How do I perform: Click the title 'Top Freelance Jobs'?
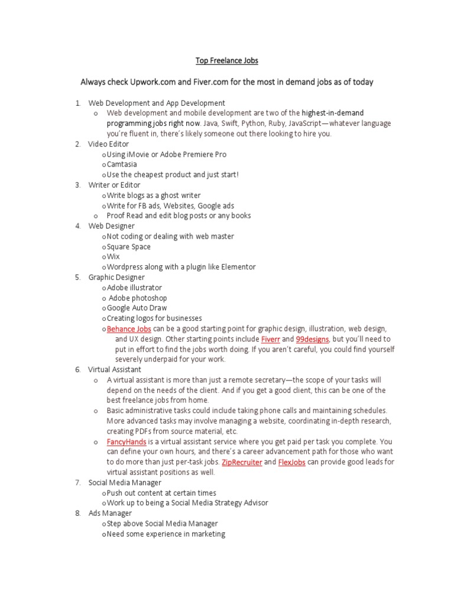pyautogui.click(x=227, y=60)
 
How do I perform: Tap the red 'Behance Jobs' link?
pyautogui.click(x=129, y=328)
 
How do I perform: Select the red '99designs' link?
pyautogui.click(x=312, y=339)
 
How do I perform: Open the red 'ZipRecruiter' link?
pyautogui.click(x=242, y=463)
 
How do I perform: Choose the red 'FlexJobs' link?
pyautogui.click(x=291, y=463)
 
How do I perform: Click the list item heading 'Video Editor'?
pyautogui.click(x=109, y=144)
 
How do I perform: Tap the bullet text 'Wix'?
pyautogui.click(x=113, y=257)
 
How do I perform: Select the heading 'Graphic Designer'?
pyautogui.click(x=116, y=277)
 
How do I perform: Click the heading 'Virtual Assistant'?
pyautogui.click(x=115, y=370)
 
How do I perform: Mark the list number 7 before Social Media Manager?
pyautogui.click(x=77, y=483)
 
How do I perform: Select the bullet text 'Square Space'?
pyautogui.click(x=129, y=246)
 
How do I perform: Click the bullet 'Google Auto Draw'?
pyautogui.click(x=137, y=308)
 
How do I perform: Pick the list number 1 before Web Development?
pyautogui.click(x=77, y=103)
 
